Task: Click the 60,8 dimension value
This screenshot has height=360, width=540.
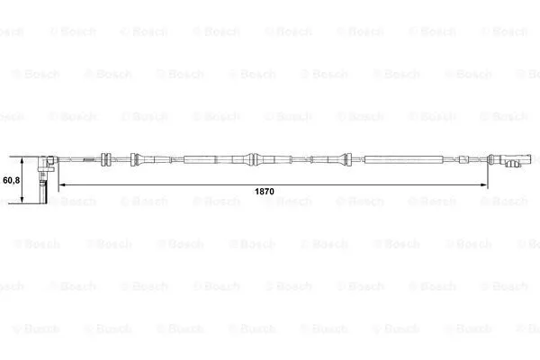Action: pyautogui.click(x=12, y=180)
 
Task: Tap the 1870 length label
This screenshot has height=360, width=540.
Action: pyautogui.click(x=264, y=191)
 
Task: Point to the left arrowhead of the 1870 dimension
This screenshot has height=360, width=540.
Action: pyautogui.click(x=62, y=185)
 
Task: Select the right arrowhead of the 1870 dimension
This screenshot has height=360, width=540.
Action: pyautogui.click(x=484, y=185)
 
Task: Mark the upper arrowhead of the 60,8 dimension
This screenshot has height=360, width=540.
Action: pyautogui.click(x=22, y=161)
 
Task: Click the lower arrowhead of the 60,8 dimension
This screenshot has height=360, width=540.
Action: pyautogui.click(x=22, y=200)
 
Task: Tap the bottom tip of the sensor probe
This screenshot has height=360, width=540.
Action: pyautogui.click(x=43, y=203)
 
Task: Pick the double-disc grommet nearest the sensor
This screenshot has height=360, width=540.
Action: pyautogui.click(x=106, y=159)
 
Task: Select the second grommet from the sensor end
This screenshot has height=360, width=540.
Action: pyautogui.click(x=134, y=160)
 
